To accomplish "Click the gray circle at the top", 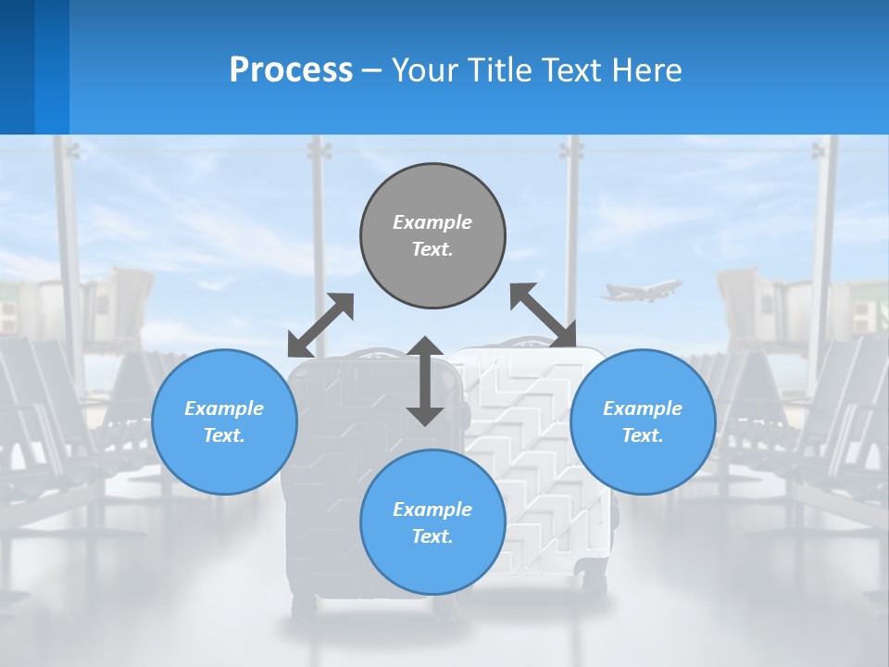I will (x=432, y=236).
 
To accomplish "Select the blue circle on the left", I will (x=224, y=422).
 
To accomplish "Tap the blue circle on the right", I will (x=643, y=422).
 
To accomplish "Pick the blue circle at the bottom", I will (x=432, y=522).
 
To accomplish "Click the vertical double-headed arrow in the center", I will (x=425, y=381).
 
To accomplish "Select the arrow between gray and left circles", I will (x=320, y=325).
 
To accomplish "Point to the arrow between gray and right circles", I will (x=543, y=315).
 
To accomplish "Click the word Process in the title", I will (x=291, y=69).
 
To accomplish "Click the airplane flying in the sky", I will (x=641, y=290).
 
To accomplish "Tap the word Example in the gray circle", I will (x=432, y=222).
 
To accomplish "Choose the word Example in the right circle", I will (x=643, y=409).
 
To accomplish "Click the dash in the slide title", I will (x=371, y=70).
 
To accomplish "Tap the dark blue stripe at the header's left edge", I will (x=17, y=67).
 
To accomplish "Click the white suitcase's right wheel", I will (x=595, y=585).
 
